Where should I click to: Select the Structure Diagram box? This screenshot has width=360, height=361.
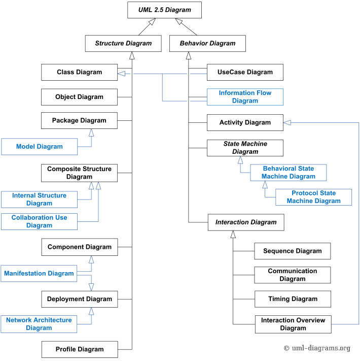pyautogui.click(x=123, y=43)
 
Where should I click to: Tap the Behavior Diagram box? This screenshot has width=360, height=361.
pyautogui.click(x=207, y=43)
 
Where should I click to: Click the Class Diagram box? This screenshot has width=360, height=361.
pyautogui.click(x=79, y=72)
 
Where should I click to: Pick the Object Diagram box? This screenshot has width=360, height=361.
pyautogui.click(x=79, y=97)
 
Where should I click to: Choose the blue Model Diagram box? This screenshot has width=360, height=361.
pyautogui.click(x=40, y=147)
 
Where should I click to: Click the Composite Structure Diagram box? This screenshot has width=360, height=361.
pyautogui.click(x=79, y=173)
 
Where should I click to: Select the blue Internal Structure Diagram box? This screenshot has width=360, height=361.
pyautogui.click(x=39, y=200)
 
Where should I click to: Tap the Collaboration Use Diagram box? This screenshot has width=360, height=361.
pyautogui.click(x=39, y=221)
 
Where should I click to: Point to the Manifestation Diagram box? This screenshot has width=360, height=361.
pyautogui.click(x=39, y=273)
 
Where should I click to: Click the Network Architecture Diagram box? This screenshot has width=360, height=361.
pyautogui.click(x=39, y=324)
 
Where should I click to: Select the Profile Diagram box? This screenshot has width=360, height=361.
pyautogui.click(x=79, y=349)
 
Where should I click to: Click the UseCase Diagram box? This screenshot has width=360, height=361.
pyautogui.click(x=245, y=72)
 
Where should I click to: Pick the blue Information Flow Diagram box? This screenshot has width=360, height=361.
pyautogui.click(x=245, y=97)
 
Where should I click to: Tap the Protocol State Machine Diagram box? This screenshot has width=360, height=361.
pyautogui.click(x=313, y=197)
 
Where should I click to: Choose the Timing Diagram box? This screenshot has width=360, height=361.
pyautogui.click(x=293, y=299)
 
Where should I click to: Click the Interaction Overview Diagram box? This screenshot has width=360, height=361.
pyautogui.click(x=293, y=324)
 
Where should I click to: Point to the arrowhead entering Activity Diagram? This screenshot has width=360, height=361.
pyautogui.click(x=287, y=122)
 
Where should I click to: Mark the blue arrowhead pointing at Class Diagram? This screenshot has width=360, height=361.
pyautogui.click(x=121, y=75)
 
